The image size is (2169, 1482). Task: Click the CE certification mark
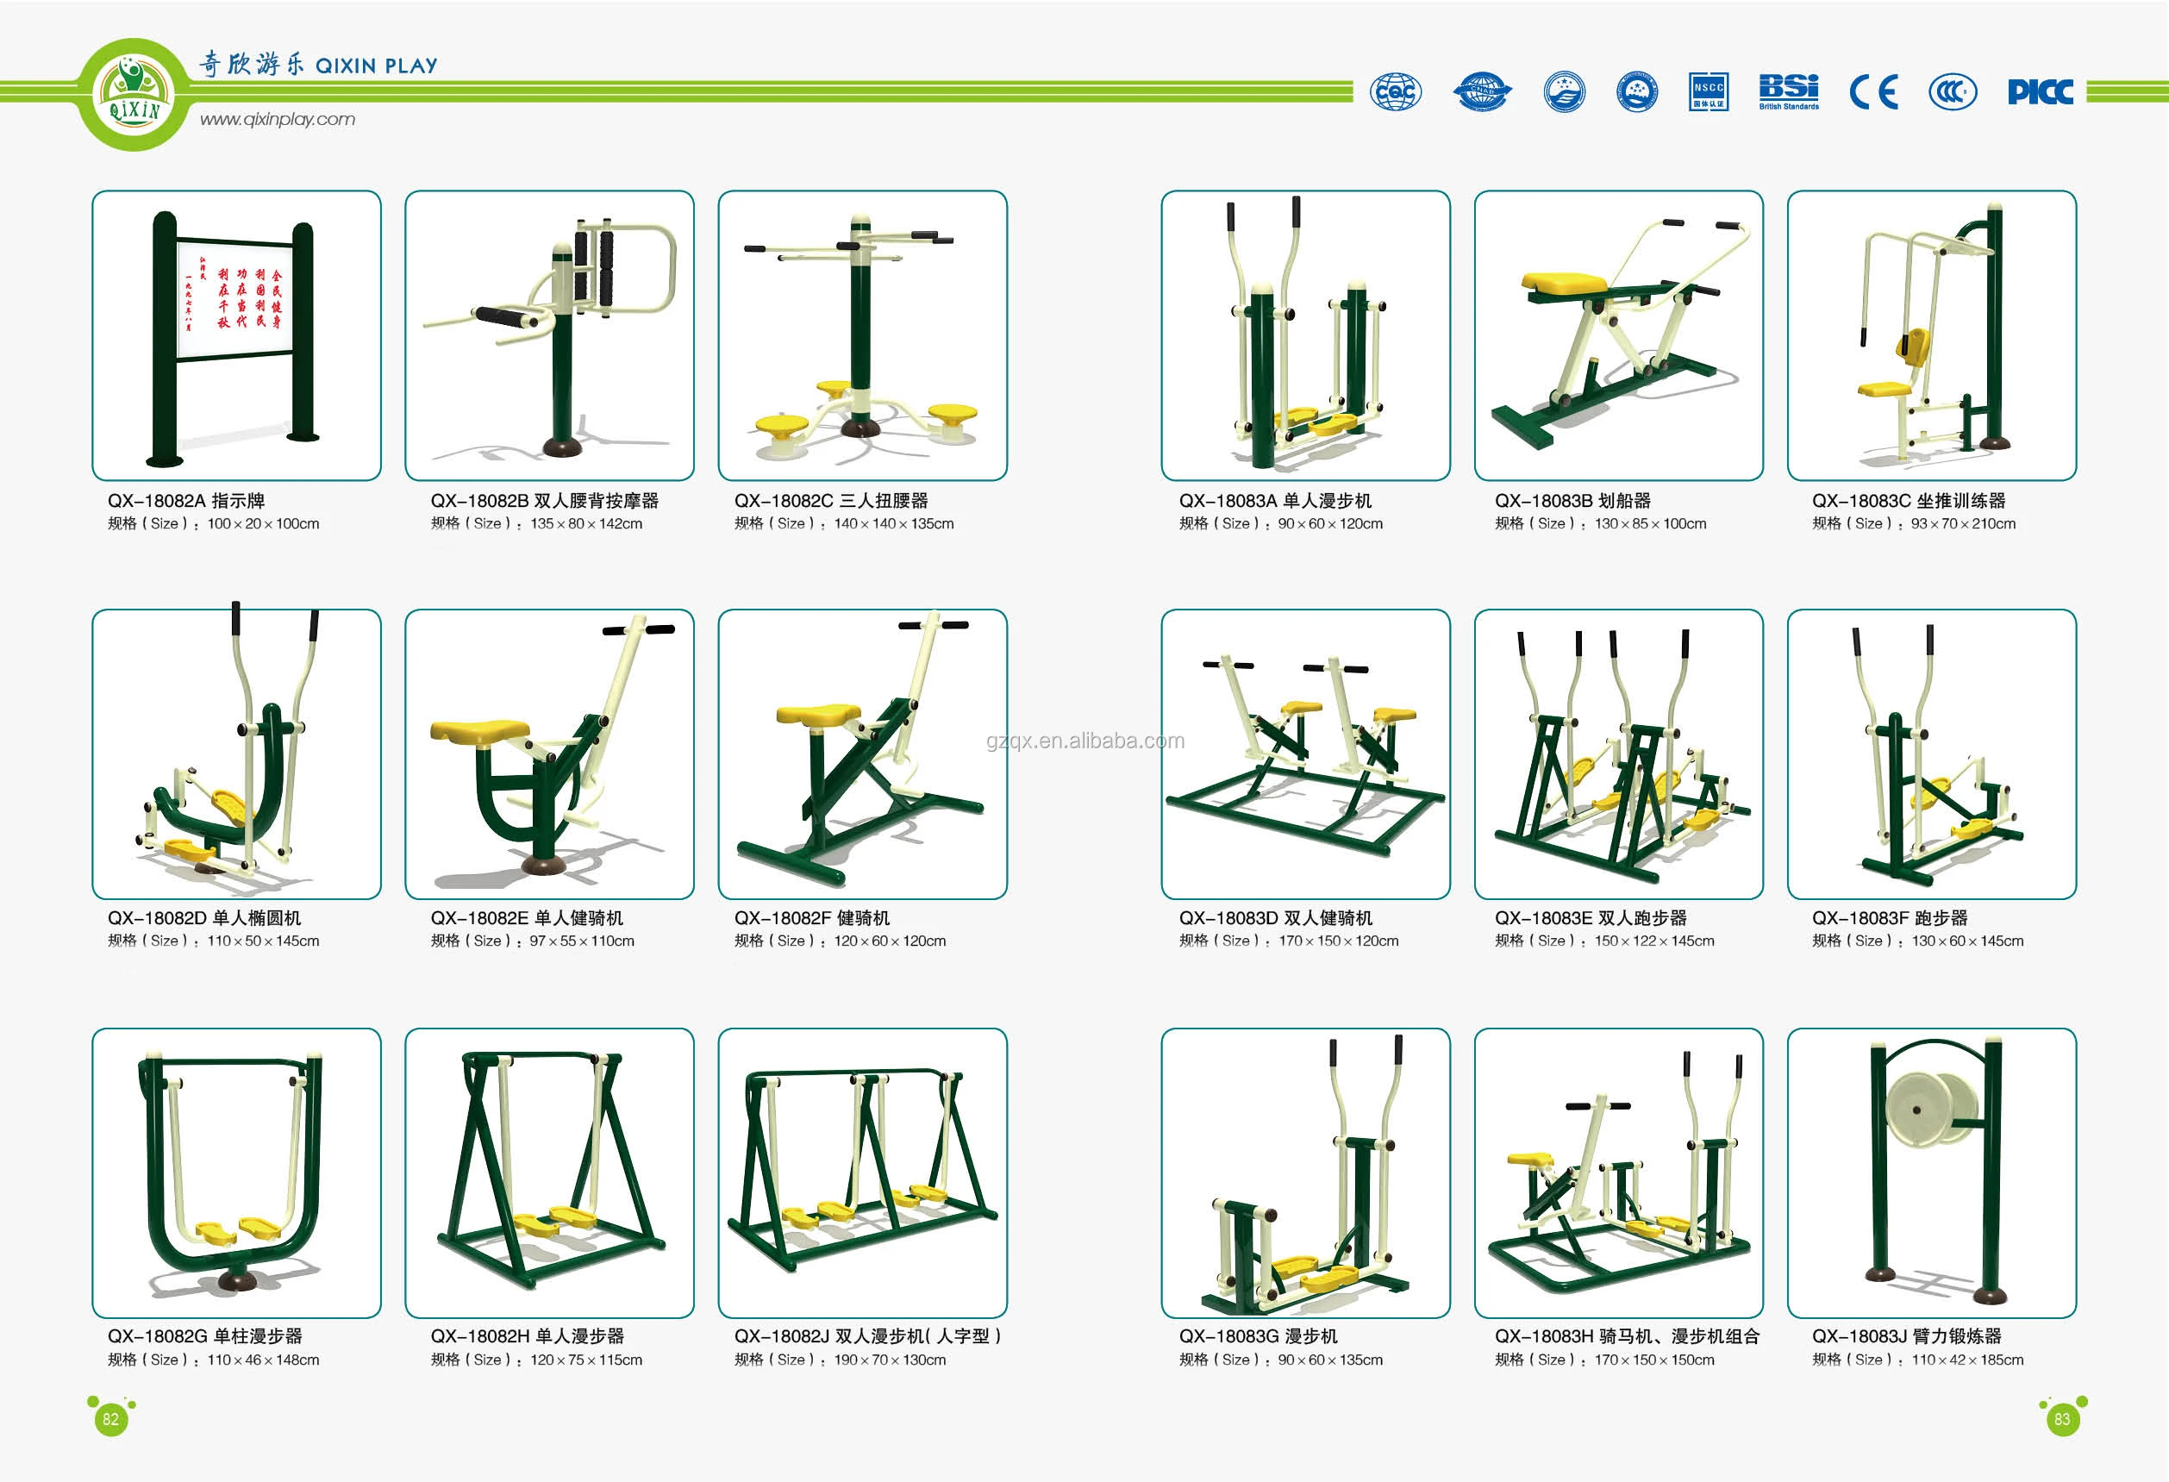coord(1873,92)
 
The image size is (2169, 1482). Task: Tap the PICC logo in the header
coord(2041,91)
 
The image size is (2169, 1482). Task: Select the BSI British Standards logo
coord(1788,91)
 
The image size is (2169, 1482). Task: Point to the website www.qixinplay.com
coord(278,120)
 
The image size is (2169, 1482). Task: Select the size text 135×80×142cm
coord(586,524)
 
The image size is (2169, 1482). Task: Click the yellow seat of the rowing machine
coord(1563,282)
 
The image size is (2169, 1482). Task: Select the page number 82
coord(111,1419)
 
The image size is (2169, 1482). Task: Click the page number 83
coord(2061,1419)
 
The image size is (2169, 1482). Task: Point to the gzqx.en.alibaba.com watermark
coord(1084,741)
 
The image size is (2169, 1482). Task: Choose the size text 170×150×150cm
coord(1653,1360)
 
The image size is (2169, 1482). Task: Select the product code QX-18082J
coord(782,1336)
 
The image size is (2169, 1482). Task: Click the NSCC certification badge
coord(1708,91)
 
